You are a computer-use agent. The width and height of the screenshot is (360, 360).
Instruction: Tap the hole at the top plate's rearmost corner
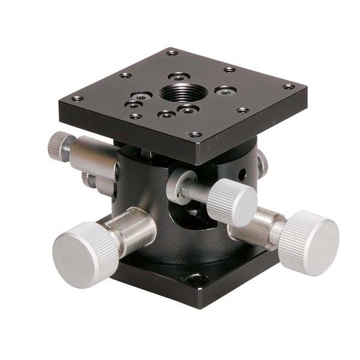tap(173, 53)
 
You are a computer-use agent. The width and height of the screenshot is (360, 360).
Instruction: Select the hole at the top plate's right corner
tap(289, 86)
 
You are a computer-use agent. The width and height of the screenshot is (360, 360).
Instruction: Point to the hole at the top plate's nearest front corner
tap(194, 135)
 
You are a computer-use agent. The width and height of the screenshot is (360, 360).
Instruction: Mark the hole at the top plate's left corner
tap(76, 99)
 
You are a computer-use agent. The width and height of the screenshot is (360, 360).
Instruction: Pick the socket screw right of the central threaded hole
tap(225, 91)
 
